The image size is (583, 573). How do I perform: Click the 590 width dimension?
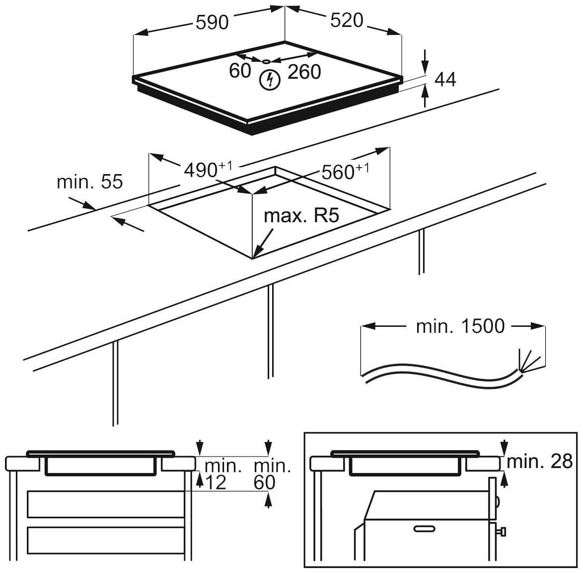(x=212, y=22)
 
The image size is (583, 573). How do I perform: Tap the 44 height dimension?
(x=445, y=80)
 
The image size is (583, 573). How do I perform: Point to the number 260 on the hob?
(x=304, y=73)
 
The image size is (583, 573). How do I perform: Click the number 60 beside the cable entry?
(x=240, y=71)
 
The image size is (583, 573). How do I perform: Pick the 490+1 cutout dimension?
(x=208, y=170)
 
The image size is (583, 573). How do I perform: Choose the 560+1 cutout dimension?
(x=345, y=172)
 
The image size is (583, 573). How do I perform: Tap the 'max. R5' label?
(x=301, y=216)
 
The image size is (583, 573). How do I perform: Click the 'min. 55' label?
(x=89, y=182)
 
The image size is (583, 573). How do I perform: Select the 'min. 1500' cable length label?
(x=460, y=326)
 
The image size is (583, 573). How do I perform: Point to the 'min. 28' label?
(x=540, y=462)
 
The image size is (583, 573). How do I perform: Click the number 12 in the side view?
(x=216, y=482)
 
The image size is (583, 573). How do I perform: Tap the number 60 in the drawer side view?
(x=264, y=482)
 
